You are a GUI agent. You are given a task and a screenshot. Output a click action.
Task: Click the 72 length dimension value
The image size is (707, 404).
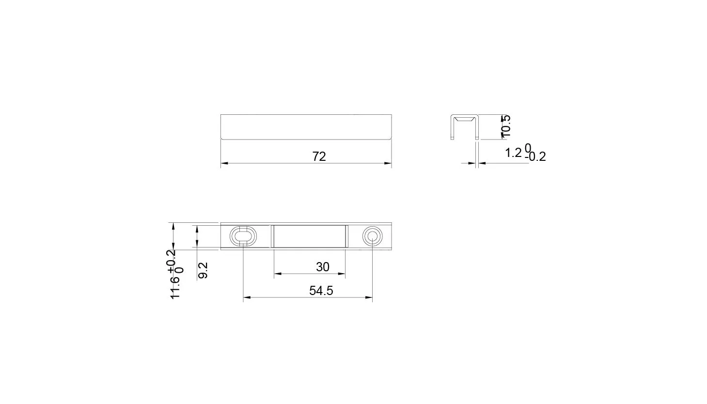[319, 156]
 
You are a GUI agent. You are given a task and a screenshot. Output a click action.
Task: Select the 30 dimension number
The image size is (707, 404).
[323, 267]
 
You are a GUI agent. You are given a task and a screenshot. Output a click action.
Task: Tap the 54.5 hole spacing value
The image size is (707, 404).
[321, 291]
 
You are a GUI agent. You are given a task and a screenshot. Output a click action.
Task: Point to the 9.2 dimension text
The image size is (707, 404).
[203, 270]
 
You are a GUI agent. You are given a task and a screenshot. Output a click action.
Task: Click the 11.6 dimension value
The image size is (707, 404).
[175, 288]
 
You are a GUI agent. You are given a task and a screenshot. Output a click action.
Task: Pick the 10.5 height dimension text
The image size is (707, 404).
[505, 126]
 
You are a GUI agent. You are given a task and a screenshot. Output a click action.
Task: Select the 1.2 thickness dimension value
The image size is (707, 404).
[514, 153]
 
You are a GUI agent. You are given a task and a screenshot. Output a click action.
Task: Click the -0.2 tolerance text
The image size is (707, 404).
[535, 157]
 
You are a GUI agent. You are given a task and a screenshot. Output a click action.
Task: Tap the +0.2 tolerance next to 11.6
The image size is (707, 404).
[173, 261]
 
